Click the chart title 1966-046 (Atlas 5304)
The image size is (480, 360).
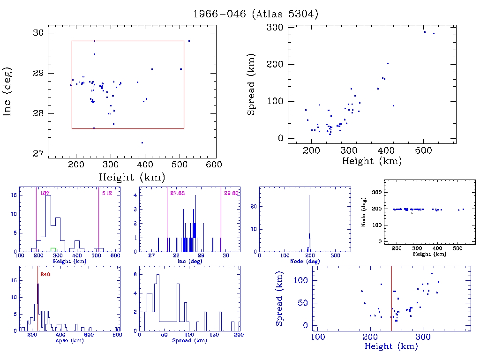pos(256,14)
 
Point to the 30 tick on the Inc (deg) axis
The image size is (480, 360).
pos(38,32)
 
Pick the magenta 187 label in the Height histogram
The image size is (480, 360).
pos(45,193)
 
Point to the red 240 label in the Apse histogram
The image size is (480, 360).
pos(45,274)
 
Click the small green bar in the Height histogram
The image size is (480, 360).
pos(53,249)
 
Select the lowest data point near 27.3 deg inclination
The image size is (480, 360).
pos(142,142)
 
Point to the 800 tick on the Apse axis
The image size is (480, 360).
pos(117,335)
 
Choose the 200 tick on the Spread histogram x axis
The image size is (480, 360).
pos(239,335)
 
